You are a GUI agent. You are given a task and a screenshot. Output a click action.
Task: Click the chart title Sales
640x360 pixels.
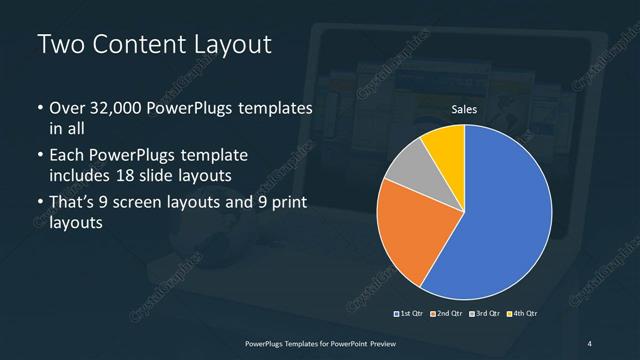(464, 109)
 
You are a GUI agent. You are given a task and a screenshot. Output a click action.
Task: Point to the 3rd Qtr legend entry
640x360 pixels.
(484, 314)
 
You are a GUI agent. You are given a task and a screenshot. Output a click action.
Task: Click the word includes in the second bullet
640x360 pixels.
(82, 176)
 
